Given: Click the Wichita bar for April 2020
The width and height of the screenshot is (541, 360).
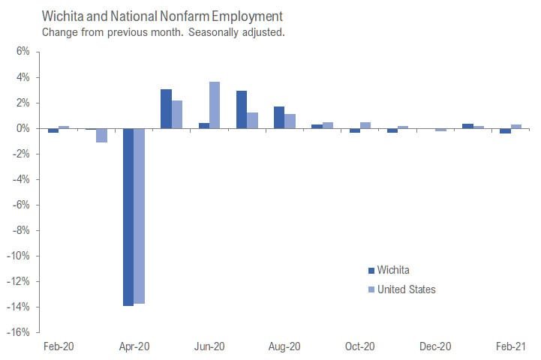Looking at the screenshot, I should [x=129, y=217].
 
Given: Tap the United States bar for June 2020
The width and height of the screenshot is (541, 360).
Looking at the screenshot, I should [x=215, y=105].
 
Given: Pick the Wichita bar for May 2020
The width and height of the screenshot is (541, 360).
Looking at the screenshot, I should [x=167, y=109].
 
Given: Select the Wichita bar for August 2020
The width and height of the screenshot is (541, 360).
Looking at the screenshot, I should [x=279, y=118].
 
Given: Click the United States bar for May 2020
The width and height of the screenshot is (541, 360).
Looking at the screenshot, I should [x=177, y=115].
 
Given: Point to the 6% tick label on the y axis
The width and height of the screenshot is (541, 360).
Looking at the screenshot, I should [x=22, y=52].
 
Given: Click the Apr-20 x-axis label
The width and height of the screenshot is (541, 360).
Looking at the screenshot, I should [x=134, y=346].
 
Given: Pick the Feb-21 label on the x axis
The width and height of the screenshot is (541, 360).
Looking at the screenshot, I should [x=509, y=346].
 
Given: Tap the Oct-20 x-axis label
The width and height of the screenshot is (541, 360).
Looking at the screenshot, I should [x=359, y=346].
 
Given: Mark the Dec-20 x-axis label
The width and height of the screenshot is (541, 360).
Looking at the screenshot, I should [x=435, y=346].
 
